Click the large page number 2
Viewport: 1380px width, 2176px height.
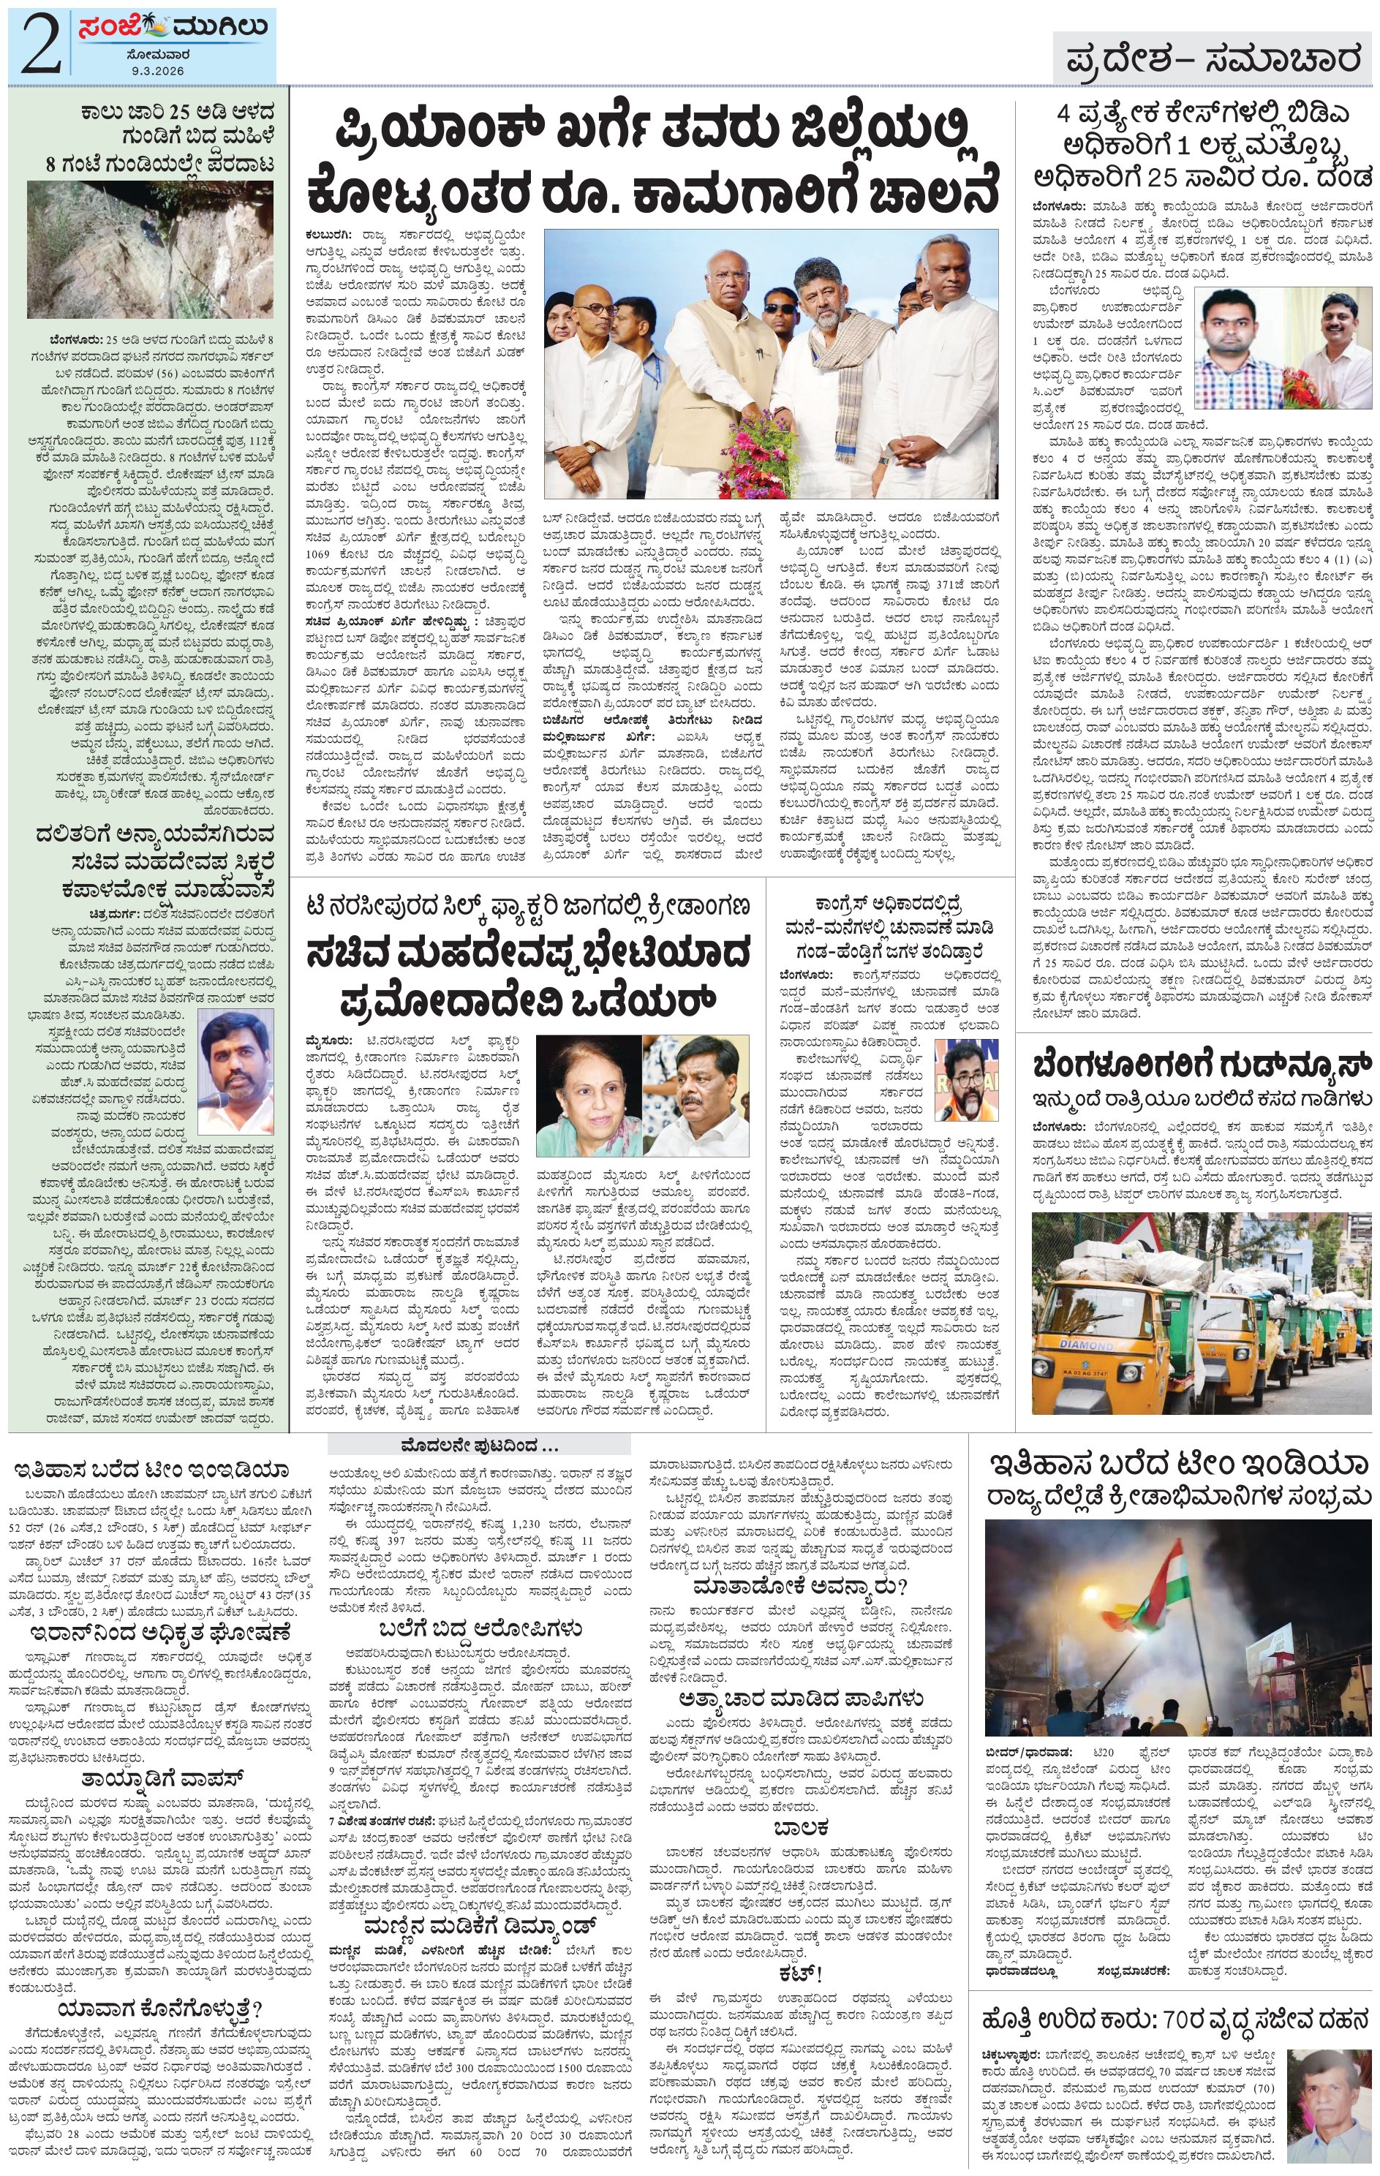(39, 42)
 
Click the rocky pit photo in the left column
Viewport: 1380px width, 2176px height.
(150, 249)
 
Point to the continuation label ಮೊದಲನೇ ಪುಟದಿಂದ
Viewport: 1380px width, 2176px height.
(479, 1443)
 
